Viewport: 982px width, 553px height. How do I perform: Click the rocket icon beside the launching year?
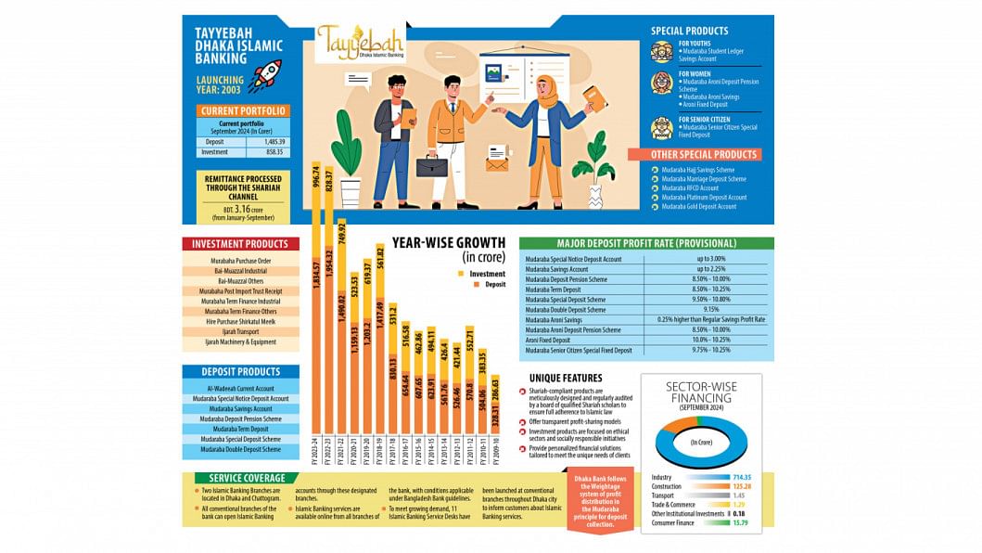(x=265, y=75)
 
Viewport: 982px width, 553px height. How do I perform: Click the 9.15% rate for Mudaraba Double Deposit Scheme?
(x=706, y=309)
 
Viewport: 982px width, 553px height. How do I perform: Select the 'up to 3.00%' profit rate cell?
(x=706, y=259)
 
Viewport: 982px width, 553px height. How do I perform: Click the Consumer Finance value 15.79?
(x=739, y=523)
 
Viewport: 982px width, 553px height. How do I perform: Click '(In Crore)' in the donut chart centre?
(x=701, y=443)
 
